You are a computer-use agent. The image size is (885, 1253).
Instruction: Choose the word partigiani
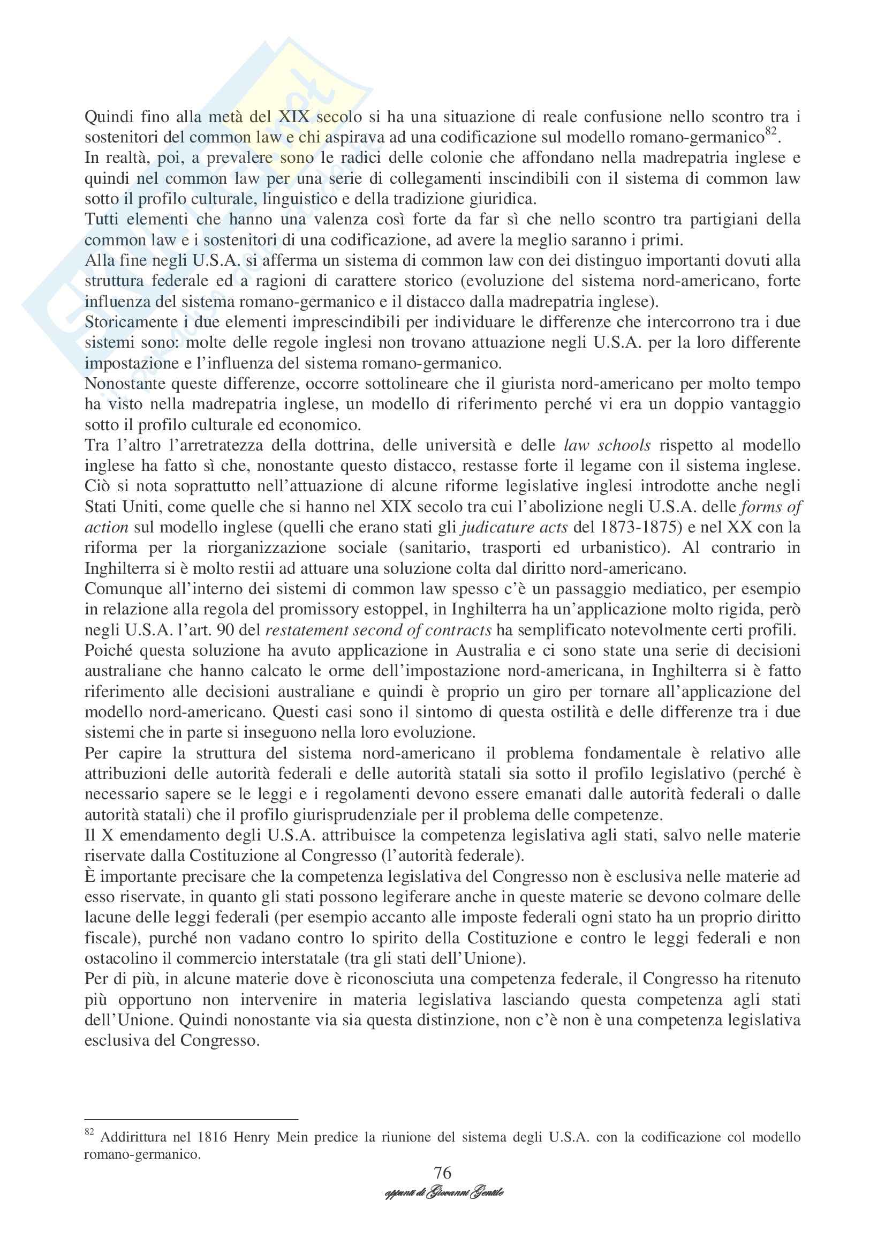click(x=714, y=220)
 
